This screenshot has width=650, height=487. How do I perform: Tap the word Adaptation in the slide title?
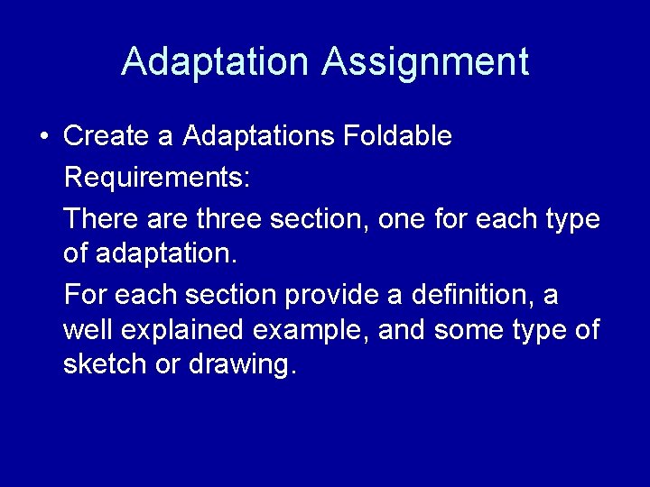coord(214,61)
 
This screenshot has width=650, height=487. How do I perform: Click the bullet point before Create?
coord(43,137)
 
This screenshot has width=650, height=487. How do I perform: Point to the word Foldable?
coord(397,136)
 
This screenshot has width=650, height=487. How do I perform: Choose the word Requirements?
coord(157,178)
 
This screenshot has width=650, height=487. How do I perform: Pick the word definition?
coord(476,294)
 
